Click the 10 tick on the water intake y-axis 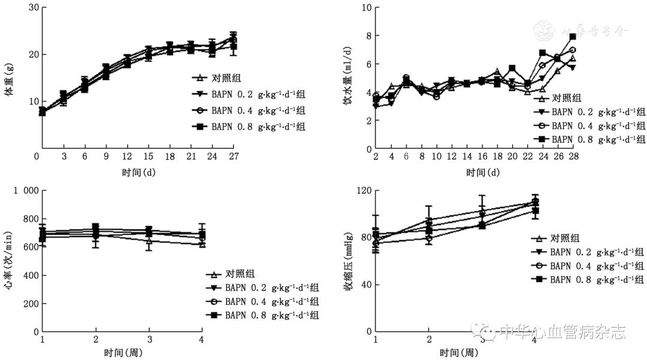367,8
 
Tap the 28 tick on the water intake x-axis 573,157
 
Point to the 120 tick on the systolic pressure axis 363,191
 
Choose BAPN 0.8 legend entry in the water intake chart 598,139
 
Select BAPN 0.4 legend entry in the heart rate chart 271,301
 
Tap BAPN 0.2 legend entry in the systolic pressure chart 596,252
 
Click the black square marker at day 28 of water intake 573,37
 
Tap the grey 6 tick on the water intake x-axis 406,157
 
